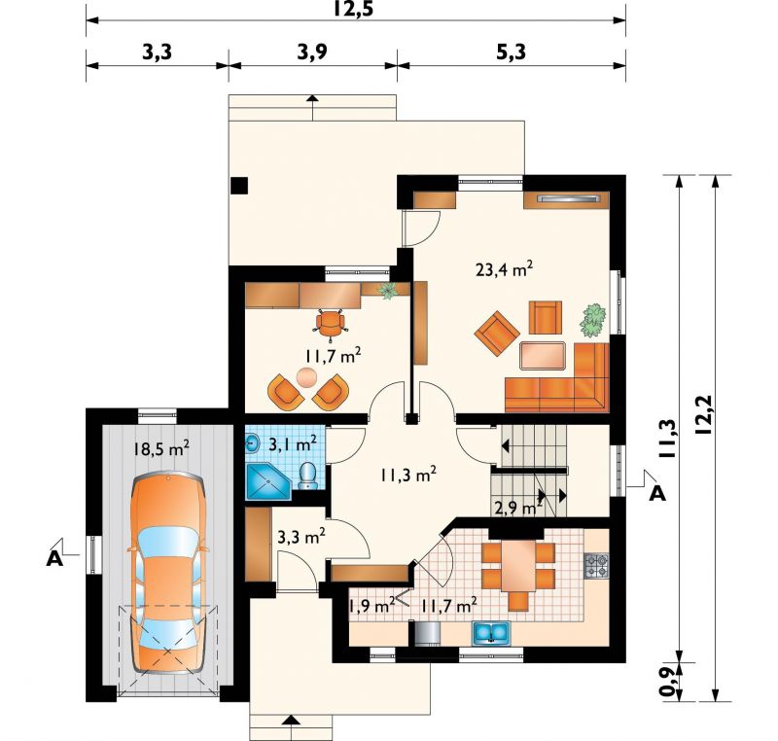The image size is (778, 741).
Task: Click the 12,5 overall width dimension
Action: tap(353, 9)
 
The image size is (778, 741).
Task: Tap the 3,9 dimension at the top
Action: tap(312, 52)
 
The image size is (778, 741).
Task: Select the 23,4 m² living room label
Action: tap(504, 269)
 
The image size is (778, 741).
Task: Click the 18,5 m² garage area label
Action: tap(160, 448)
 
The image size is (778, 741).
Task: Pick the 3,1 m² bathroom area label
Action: tap(293, 443)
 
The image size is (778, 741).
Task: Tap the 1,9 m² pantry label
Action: tap(371, 605)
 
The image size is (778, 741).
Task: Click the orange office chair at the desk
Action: tap(331, 324)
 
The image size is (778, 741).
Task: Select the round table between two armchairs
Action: tap(306, 377)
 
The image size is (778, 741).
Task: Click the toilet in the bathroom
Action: tap(308, 476)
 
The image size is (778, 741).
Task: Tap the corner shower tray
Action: tap(268, 480)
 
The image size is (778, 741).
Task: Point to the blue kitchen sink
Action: tap(491, 632)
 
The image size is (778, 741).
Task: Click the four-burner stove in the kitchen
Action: tap(597, 565)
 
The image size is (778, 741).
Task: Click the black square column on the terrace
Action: tap(239, 186)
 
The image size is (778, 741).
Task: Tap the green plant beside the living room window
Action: tap(593, 321)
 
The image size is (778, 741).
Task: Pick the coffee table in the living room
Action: tap(543, 356)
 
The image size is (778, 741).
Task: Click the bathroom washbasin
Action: tap(253, 442)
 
